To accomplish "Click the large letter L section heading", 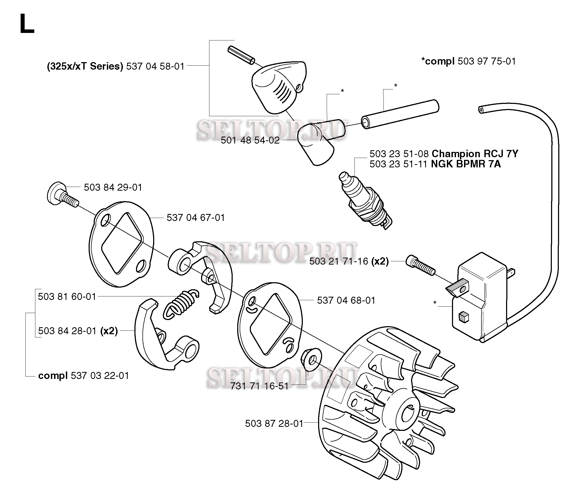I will pyautogui.click(x=27, y=24).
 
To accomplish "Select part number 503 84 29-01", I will pyautogui.click(x=113, y=187).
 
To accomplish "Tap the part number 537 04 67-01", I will pyautogui.click(x=195, y=218).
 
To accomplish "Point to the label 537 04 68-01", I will pyautogui.click(x=346, y=300).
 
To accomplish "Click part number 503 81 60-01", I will pyautogui.click(x=67, y=297).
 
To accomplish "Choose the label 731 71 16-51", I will pyautogui.click(x=259, y=386).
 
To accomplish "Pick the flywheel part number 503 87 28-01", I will pyautogui.click(x=274, y=424).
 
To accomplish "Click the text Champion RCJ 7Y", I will pyautogui.click(x=474, y=154).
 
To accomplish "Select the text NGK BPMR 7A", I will pyautogui.click(x=466, y=164).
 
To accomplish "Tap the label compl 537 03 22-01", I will pyautogui.click(x=84, y=376).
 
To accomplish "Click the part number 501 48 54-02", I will pyautogui.click(x=250, y=141).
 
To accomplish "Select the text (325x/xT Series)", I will pyautogui.click(x=85, y=67).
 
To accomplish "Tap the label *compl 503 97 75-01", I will pyautogui.click(x=469, y=61).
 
